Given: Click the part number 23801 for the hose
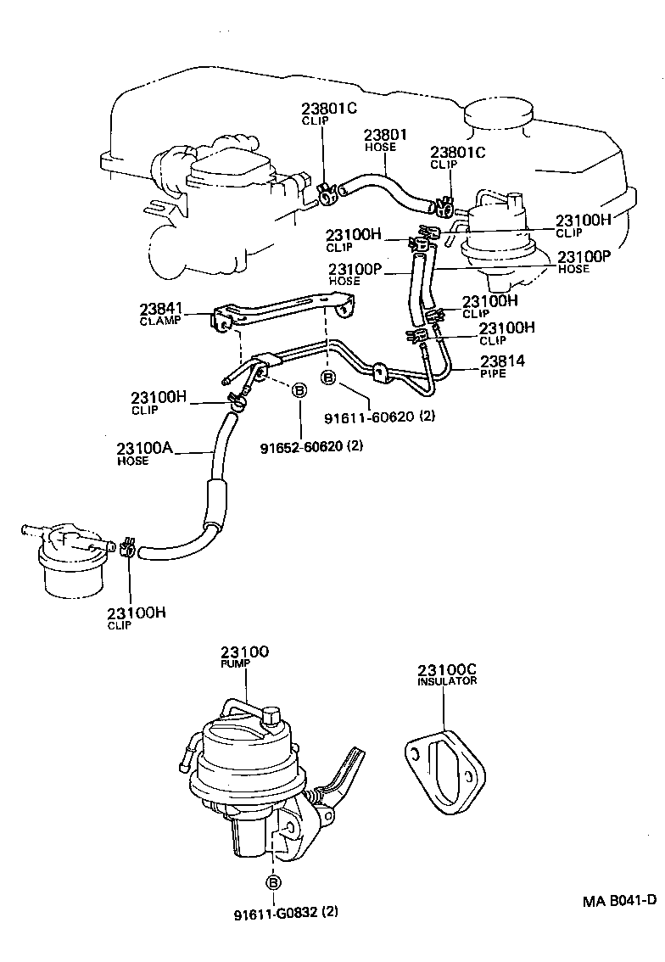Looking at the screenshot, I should (386, 134).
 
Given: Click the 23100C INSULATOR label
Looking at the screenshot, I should (447, 674).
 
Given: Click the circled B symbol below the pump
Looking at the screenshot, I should (274, 883).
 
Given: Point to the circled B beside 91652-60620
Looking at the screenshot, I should (299, 390).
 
